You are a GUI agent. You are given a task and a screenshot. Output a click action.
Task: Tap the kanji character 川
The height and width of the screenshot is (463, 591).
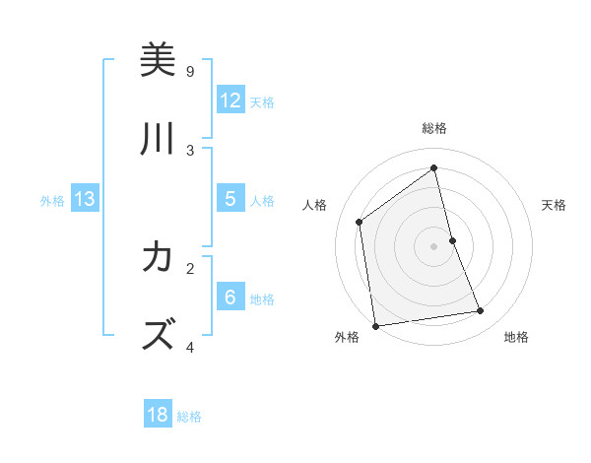click(158, 140)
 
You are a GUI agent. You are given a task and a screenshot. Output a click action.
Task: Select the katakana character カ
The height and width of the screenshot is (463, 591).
click(158, 258)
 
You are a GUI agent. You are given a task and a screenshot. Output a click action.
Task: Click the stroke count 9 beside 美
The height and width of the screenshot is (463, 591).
click(190, 71)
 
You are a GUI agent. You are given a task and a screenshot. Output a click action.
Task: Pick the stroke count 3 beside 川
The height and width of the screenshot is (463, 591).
click(190, 150)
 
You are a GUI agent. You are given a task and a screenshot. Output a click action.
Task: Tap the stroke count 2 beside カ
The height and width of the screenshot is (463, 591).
click(190, 267)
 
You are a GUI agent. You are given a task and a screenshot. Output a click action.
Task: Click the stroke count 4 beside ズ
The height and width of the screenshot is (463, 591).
click(190, 347)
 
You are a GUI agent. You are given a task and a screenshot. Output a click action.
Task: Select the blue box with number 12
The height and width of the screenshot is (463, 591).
click(230, 99)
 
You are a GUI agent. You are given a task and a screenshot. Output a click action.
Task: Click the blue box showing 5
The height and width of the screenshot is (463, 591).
click(230, 198)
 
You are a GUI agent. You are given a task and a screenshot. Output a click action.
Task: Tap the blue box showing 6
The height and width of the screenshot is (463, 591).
click(230, 297)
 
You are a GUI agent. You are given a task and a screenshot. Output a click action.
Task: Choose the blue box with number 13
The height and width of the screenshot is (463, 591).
click(84, 199)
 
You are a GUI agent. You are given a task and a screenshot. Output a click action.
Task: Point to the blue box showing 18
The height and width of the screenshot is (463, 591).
click(158, 415)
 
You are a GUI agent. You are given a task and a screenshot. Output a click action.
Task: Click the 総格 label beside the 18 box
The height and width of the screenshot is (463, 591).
click(189, 417)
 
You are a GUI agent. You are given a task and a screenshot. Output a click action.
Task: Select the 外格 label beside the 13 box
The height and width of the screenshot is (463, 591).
click(52, 201)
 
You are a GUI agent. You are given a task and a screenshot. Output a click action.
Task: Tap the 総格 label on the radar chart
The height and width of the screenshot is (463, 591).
click(434, 128)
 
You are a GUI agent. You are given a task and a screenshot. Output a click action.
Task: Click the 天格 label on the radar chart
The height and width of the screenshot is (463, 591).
click(554, 205)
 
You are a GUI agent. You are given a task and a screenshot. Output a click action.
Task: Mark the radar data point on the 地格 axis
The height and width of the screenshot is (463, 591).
click(481, 311)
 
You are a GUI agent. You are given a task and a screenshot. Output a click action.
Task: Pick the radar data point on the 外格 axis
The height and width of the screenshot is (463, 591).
click(375, 325)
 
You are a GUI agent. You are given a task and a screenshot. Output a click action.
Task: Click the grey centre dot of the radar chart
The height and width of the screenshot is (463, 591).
click(434, 245)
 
